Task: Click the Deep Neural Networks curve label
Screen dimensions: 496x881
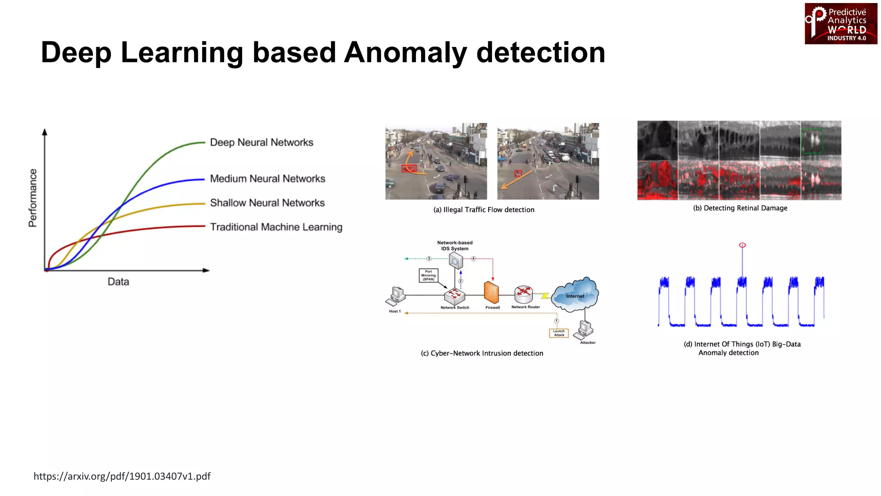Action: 261,143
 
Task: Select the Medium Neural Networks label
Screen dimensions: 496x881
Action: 267,179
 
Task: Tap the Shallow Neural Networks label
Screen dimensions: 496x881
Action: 267,203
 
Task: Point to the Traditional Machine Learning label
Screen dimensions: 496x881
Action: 276,227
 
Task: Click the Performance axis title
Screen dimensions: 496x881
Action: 33,198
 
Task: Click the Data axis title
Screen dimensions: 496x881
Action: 118,282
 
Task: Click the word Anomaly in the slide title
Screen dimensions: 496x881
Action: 405,53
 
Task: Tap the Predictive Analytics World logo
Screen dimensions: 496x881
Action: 841,24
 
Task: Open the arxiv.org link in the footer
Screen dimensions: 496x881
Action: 122,476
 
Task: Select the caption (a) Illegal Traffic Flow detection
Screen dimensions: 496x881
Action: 484,210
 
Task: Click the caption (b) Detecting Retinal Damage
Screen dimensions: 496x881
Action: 740,208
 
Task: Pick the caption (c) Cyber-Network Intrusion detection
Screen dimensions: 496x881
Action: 482,353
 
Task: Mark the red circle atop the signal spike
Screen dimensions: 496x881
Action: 742,245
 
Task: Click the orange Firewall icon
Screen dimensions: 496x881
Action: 491,293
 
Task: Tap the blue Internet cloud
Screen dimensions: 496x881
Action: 575,295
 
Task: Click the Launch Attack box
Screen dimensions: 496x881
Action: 559,333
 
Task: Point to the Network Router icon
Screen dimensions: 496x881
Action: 524,294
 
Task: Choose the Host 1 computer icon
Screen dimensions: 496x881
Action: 397,296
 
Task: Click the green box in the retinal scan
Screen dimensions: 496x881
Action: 812,140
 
